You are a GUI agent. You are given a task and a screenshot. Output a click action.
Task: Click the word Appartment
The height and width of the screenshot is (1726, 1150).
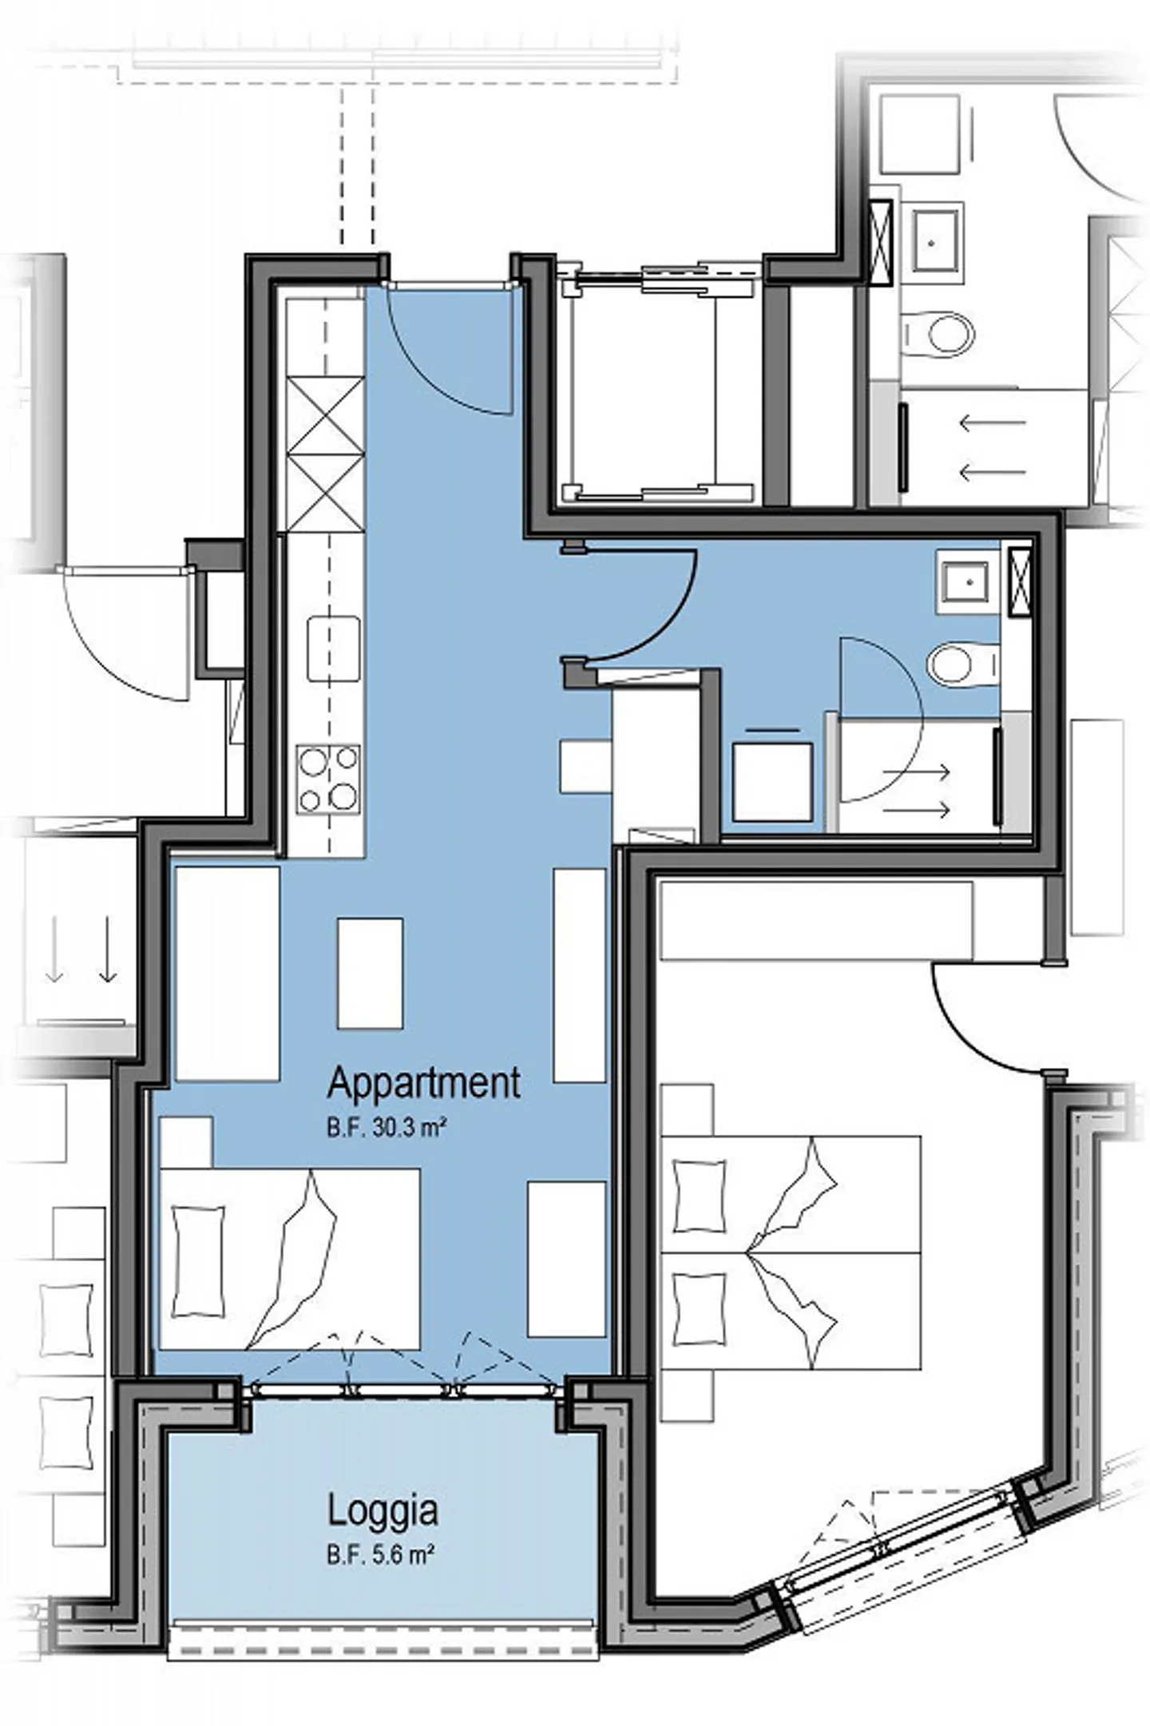coord(423,1084)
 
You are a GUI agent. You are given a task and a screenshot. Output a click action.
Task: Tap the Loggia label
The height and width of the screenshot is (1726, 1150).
coord(383,1511)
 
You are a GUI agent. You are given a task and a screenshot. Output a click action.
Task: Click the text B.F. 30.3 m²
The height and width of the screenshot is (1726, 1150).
coord(385,1129)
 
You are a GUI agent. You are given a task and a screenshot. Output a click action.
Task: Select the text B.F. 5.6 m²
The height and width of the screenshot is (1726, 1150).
coord(380,1555)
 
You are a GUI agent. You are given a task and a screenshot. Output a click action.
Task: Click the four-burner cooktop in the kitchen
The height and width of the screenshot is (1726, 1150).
coord(327,779)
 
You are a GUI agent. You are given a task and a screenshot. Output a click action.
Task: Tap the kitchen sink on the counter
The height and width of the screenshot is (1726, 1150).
coord(333,649)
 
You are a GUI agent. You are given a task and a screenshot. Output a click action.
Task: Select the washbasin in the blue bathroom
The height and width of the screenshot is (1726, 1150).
coord(964,581)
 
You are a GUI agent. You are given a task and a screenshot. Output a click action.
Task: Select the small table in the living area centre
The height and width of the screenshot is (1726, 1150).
coord(369,973)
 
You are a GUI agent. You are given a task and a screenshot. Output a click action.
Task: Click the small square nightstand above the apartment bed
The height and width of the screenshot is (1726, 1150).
coord(185,1142)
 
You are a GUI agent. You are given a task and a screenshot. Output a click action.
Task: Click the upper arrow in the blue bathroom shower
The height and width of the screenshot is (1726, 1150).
coord(915,772)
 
